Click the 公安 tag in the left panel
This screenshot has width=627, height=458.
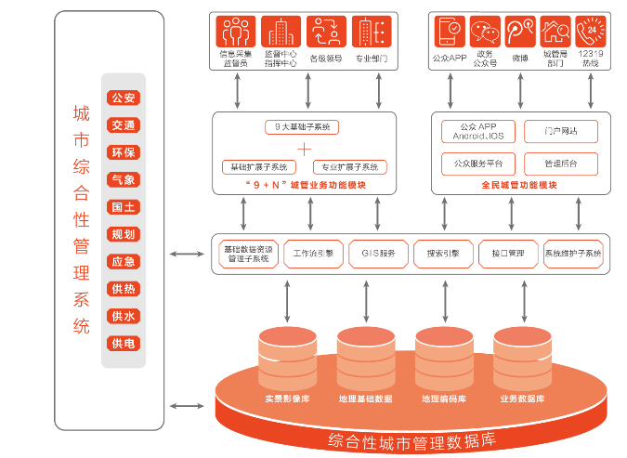[124, 98]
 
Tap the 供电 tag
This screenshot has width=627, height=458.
[124, 344]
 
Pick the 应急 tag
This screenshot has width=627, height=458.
[124, 262]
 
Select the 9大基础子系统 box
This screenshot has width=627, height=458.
[304, 126]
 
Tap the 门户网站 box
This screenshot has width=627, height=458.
[560, 131]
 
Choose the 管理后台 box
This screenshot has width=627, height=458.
[560, 164]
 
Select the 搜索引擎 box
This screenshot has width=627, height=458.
[443, 254]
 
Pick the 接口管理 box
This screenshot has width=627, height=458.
[508, 254]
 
